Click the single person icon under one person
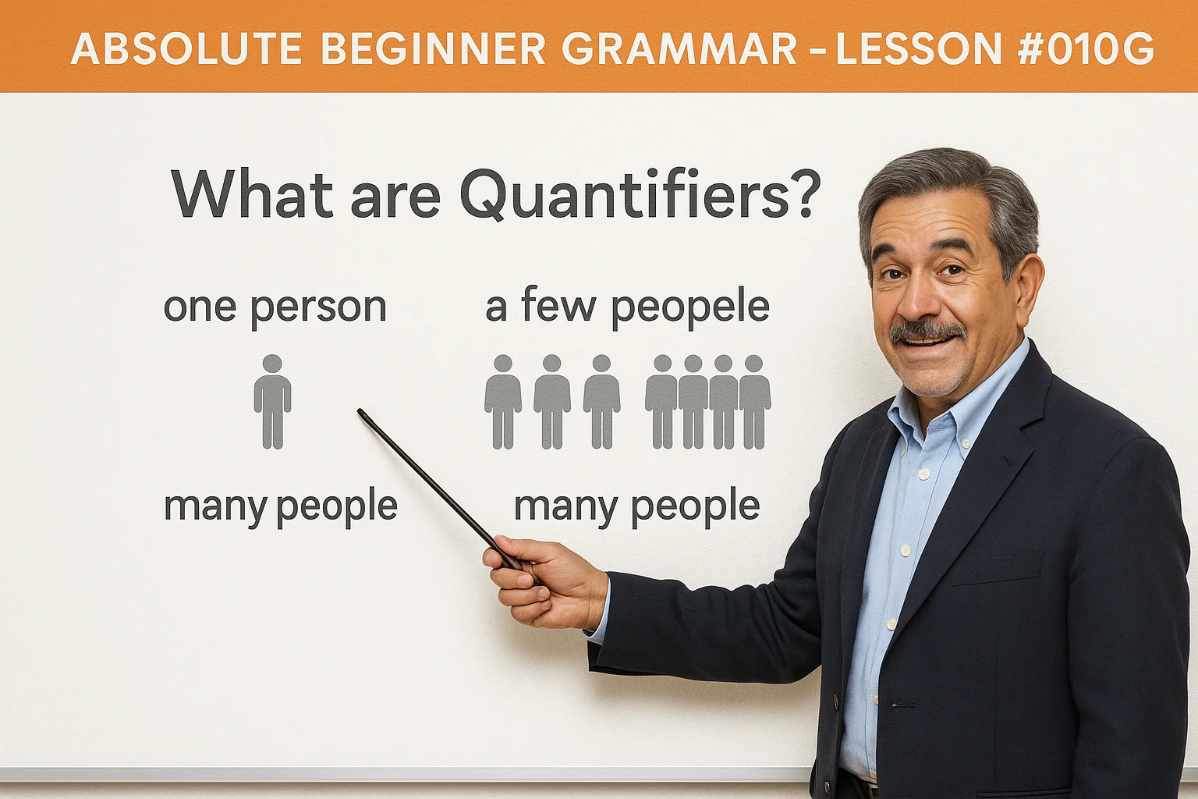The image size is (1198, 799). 272,402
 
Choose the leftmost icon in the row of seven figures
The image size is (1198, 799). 503,402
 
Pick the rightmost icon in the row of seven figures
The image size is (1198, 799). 753,402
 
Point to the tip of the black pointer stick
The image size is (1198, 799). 361,412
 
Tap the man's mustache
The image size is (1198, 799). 927,332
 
